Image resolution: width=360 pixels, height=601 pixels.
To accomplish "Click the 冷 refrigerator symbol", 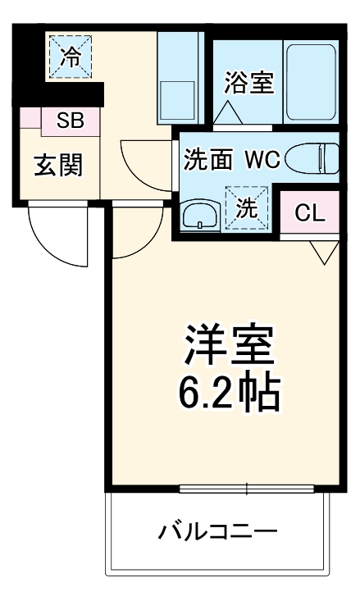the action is pyautogui.click(x=71, y=57).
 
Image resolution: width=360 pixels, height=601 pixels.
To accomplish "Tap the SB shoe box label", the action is pyautogui.click(x=71, y=121).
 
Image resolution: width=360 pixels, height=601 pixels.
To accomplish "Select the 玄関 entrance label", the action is pyautogui.click(x=59, y=165).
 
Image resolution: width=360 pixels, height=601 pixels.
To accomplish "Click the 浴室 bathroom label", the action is pyautogui.click(x=249, y=83).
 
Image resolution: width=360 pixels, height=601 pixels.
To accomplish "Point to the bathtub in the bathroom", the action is pyautogui.click(x=312, y=83).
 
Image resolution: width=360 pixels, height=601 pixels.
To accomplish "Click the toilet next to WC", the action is pyautogui.click(x=312, y=157).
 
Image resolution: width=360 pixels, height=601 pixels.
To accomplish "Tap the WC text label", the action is pyautogui.click(x=263, y=159).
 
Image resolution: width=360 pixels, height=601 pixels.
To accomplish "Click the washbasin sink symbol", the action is pyautogui.click(x=201, y=215).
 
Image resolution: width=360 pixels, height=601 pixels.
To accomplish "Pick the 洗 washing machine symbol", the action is pyautogui.click(x=247, y=207).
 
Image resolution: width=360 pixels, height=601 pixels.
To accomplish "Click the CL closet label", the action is pyautogui.click(x=310, y=212).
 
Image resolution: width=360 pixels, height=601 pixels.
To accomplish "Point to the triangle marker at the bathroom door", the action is pyautogui.click(x=228, y=112).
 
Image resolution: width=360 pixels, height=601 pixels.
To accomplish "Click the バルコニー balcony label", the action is pyautogui.click(x=218, y=531).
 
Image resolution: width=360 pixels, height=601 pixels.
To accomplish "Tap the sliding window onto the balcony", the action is pyautogui.click(x=247, y=489).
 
